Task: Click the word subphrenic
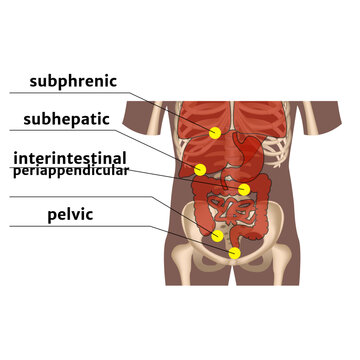pyautogui.click(x=73, y=81)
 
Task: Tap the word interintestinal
pyautogui.click(x=69, y=158)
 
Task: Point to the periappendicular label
pyautogui.click(x=71, y=171)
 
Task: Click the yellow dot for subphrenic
pyautogui.click(x=215, y=133)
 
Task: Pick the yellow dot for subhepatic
pyautogui.click(x=201, y=168)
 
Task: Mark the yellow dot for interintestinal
pyautogui.click(x=244, y=189)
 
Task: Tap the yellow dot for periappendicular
pyautogui.click(x=218, y=236)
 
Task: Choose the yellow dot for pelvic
pyautogui.click(x=234, y=253)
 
